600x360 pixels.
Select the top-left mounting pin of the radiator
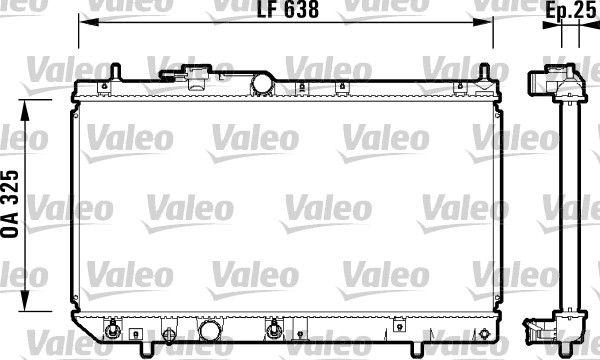[x=117, y=72]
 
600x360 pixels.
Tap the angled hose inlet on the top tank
[x=196, y=76]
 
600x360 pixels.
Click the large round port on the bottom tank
[x=210, y=331]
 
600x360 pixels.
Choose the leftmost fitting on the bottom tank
[x=114, y=330]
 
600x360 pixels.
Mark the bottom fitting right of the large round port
[x=272, y=330]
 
